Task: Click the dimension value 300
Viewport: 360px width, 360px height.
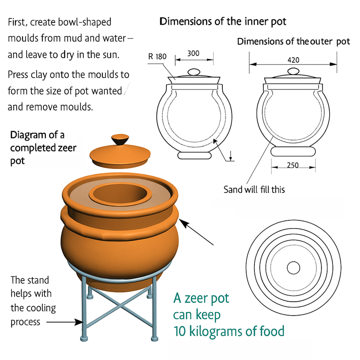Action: (193, 53)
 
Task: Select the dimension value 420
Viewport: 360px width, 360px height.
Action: (293, 60)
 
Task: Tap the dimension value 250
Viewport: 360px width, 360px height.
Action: (293, 165)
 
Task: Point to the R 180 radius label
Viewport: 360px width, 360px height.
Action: (157, 56)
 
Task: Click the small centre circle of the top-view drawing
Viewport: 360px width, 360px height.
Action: (293, 268)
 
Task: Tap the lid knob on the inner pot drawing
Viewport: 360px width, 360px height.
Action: (194, 72)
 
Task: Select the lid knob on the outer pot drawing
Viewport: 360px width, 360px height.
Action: (293, 71)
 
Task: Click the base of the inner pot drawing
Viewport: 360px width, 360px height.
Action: (194, 155)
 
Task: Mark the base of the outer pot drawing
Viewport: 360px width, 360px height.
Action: (293, 152)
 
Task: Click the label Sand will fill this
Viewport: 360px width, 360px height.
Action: (254, 190)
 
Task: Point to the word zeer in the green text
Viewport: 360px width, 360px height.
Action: (196, 298)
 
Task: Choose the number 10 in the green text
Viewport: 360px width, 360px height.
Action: (180, 331)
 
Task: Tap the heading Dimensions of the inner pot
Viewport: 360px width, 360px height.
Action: (223, 22)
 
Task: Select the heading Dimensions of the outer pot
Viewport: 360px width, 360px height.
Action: (293, 42)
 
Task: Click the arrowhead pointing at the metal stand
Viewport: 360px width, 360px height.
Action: (79, 322)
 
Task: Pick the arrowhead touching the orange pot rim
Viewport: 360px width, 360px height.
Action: (183, 223)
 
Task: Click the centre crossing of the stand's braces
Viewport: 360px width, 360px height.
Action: (120, 306)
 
